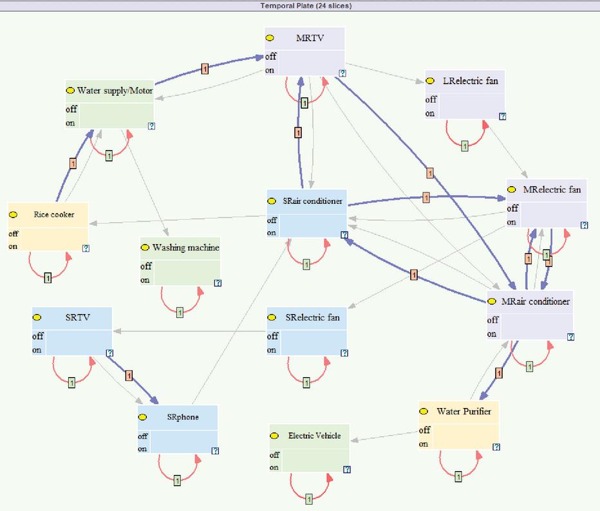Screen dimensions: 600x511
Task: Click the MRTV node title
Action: pyautogui.click(x=310, y=38)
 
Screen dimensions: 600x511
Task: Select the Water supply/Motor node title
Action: pyautogui.click(x=115, y=91)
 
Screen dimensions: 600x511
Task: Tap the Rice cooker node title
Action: pyautogui.click(x=54, y=214)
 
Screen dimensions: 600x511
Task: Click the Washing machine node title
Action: pyautogui.click(x=185, y=248)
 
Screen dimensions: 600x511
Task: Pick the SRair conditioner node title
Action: pyautogui.click(x=312, y=201)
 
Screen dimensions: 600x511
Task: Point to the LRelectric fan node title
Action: pyautogui.click(x=471, y=80)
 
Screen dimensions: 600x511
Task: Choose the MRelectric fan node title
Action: pyautogui.click(x=552, y=189)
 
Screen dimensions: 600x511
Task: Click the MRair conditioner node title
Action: pyautogui.click(x=536, y=301)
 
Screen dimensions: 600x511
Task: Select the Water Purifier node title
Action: pyautogui.click(x=464, y=411)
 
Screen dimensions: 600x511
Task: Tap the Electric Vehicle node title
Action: pyautogui.click(x=314, y=436)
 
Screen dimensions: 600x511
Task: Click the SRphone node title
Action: pyautogui.click(x=183, y=417)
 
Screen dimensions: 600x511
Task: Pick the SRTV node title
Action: pyautogui.click(x=78, y=317)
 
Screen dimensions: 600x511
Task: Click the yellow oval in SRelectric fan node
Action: pyautogui.click(x=272, y=317)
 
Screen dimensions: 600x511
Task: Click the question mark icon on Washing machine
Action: pyautogui.click(x=218, y=283)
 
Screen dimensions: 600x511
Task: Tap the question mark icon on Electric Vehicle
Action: pyautogui.click(x=347, y=469)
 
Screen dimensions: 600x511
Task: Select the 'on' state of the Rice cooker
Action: pyautogui.click(x=13, y=246)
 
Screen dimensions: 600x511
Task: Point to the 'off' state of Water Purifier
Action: pyautogui.click(x=424, y=430)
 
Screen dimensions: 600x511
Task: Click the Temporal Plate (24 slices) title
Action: pyautogui.click(x=306, y=6)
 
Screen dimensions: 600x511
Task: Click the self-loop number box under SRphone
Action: pyautogui.click(x=177, y=480)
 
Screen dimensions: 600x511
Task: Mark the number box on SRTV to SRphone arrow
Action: pyautogui.click(x=129, y=376)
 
